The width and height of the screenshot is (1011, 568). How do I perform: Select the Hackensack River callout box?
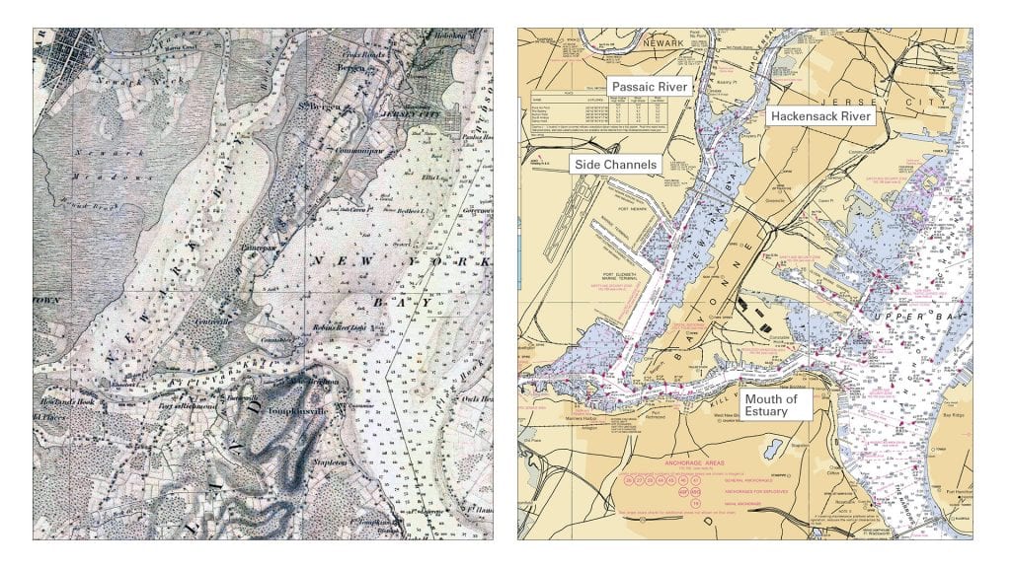point(820,116)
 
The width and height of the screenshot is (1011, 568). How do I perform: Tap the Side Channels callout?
point(615,165)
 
